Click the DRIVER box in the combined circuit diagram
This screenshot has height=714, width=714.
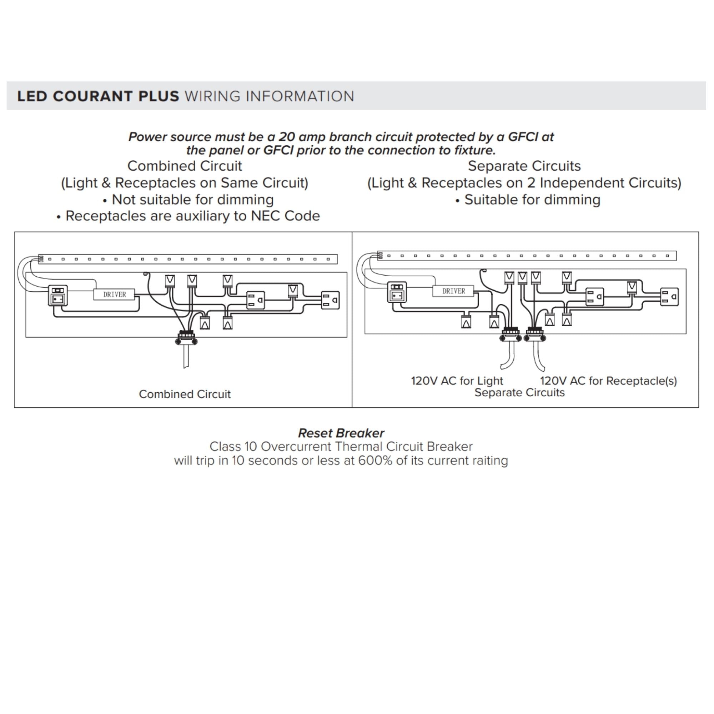[114, 295]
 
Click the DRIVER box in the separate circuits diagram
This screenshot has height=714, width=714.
[453, 291]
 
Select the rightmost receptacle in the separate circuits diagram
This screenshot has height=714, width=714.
[670, 297]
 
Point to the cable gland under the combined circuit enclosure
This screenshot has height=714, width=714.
[186, 338]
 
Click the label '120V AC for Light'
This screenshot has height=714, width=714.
[457, 381]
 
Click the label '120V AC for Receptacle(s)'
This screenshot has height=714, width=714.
[608, 381]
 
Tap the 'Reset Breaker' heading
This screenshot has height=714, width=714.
[341, 433]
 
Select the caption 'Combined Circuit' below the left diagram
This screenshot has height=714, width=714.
[185, 394]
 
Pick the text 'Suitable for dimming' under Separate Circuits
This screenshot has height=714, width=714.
[532, 200]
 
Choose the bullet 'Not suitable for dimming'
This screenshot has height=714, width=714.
[192, 200]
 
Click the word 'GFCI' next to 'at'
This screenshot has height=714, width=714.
[523, 137]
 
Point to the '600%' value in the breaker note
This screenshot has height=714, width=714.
[375, 461]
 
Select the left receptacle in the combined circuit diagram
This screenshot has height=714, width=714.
[256, 300]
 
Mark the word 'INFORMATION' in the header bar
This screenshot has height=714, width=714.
[300, 96]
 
